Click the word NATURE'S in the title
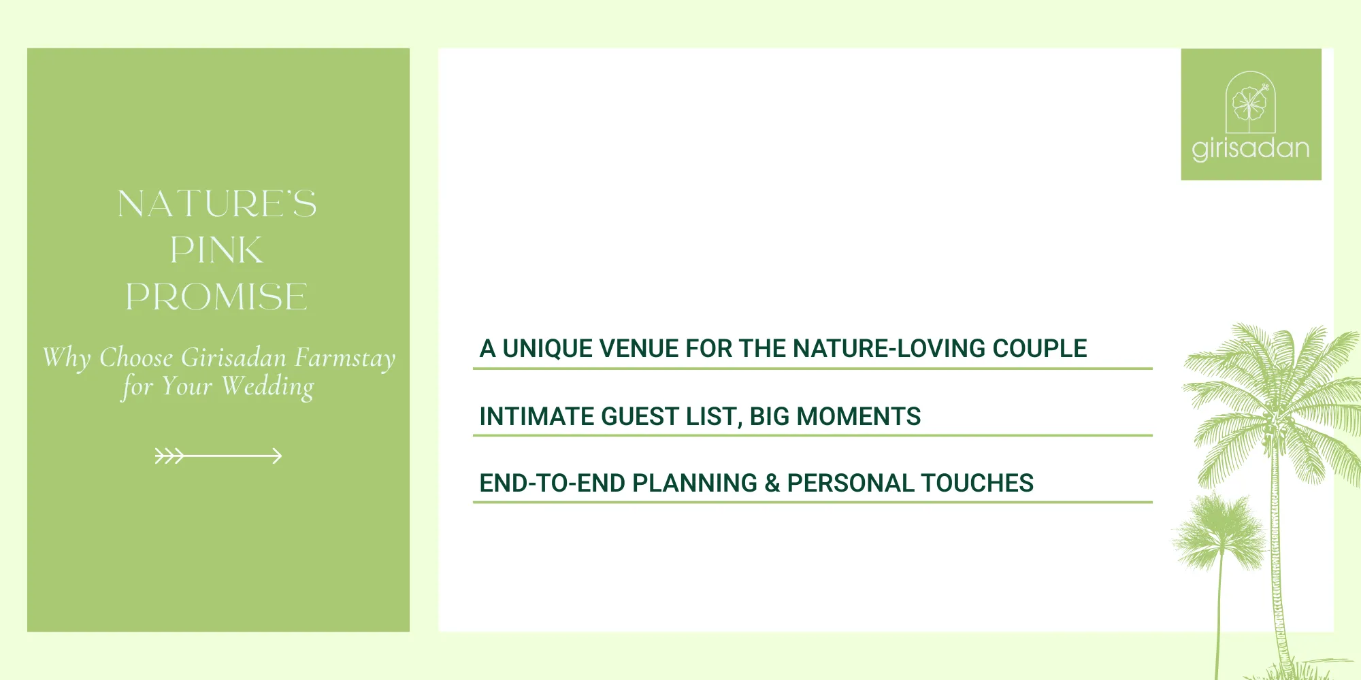(x=216, y=204)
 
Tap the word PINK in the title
(x=216, y=250)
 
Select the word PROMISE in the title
(x=216, y=297)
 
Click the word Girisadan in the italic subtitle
(x=233, y=358)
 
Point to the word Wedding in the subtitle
(x=268, y=387)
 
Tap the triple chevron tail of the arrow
(x=169, y=456)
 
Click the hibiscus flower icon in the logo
(x=1250, y=104)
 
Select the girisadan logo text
(x=1251, y=148)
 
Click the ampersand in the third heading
(x=772, y=483)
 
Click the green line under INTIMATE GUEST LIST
(x=812, y=435)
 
